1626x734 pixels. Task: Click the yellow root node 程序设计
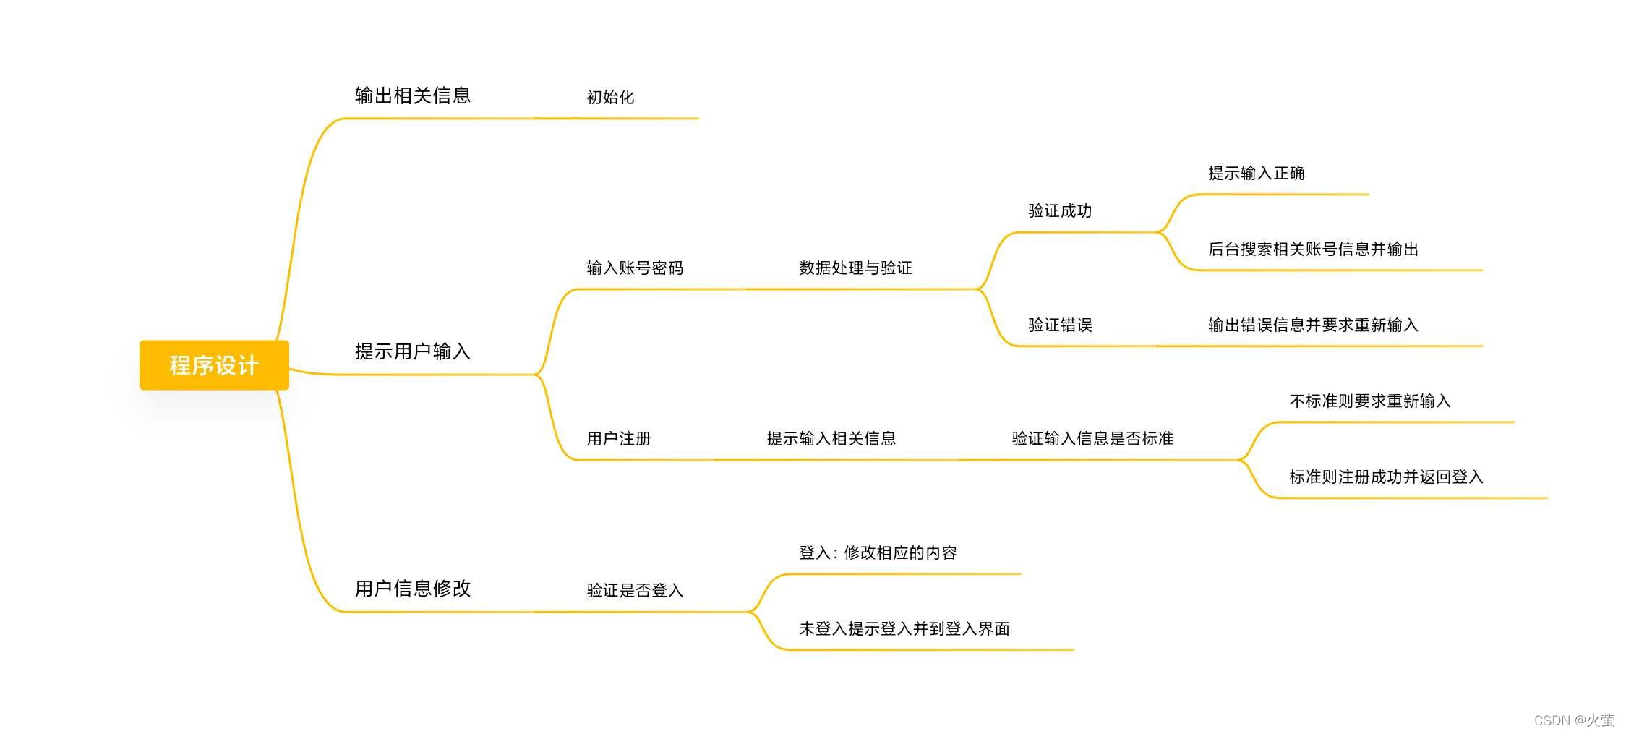214,365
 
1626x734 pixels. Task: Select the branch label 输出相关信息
412,95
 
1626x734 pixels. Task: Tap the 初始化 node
610,97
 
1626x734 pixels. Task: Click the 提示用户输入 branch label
412,351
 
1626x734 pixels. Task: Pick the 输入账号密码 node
635,268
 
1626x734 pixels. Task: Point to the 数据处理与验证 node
855,268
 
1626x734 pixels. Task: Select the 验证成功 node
1060,211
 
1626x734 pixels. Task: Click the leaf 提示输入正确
1256,174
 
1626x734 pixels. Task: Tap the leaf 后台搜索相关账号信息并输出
1313,249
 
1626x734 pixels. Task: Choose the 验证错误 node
1060,325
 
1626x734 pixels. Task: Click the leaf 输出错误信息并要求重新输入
1313,325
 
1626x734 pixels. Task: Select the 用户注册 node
619,439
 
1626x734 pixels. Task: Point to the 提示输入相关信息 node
831,439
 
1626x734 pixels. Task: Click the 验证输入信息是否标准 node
1092,439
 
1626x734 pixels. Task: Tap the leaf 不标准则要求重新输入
1370,401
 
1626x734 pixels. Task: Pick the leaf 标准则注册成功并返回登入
1386,477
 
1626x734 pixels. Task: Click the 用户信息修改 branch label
412,589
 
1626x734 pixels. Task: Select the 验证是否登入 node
635,591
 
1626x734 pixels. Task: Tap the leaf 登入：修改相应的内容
878,553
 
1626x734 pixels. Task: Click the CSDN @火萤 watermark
1574,720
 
